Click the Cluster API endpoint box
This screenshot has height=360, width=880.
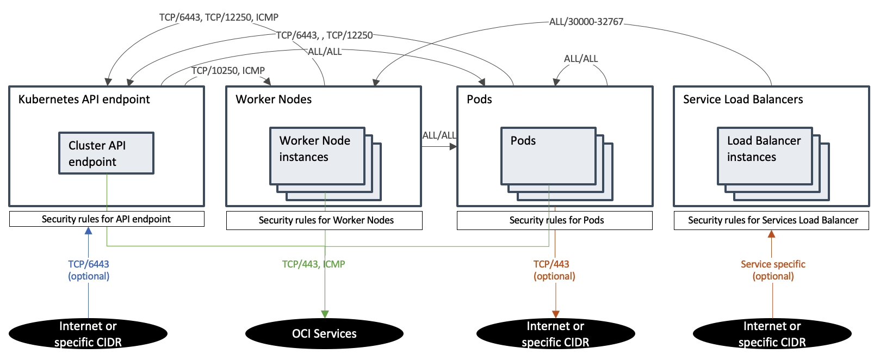click(106, 153)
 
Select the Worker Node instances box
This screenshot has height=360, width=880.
click(317, 156)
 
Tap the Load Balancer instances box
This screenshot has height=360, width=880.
click(765, 156)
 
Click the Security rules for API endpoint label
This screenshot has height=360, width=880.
click(107, 219)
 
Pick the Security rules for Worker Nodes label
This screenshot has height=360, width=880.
click(325, 220)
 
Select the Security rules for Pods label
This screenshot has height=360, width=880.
click(555, 220)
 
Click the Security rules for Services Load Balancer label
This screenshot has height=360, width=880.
click(771, 220)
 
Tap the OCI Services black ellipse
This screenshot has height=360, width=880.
click(324, 334)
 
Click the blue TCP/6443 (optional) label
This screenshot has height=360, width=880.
click(89, 270)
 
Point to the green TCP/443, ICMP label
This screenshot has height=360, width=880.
click(313, 264)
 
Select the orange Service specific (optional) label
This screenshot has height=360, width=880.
click(773, 270)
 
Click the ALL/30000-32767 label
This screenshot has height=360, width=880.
click(586, 22)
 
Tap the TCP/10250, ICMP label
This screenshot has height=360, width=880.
click(228, 71)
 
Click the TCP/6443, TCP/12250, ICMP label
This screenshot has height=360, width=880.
click(219, 17)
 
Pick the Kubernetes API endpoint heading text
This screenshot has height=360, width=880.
click(84, 100)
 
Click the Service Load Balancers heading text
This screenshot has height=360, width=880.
click(743, 100)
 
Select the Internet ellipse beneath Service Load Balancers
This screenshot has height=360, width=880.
click(772, 334)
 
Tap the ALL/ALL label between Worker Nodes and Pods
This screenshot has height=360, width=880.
click(439, 135)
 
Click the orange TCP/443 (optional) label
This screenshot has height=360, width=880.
click(554, 270)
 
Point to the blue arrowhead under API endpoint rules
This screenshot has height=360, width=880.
click(88, 231)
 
